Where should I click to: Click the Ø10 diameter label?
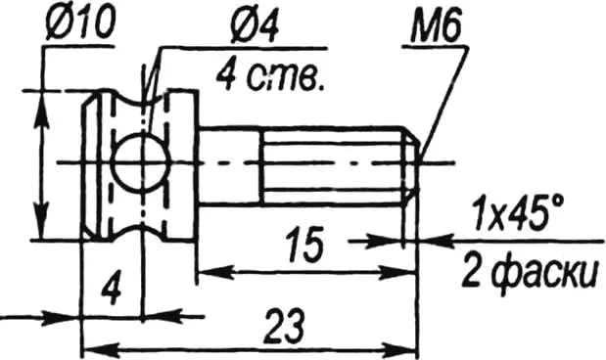tap(80, 23)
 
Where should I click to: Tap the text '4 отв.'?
tap(269, 76)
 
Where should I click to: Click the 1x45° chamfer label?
tap(518, 212)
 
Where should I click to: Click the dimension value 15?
tap(304, 245)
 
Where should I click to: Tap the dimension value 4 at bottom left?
tap(112, 289)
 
